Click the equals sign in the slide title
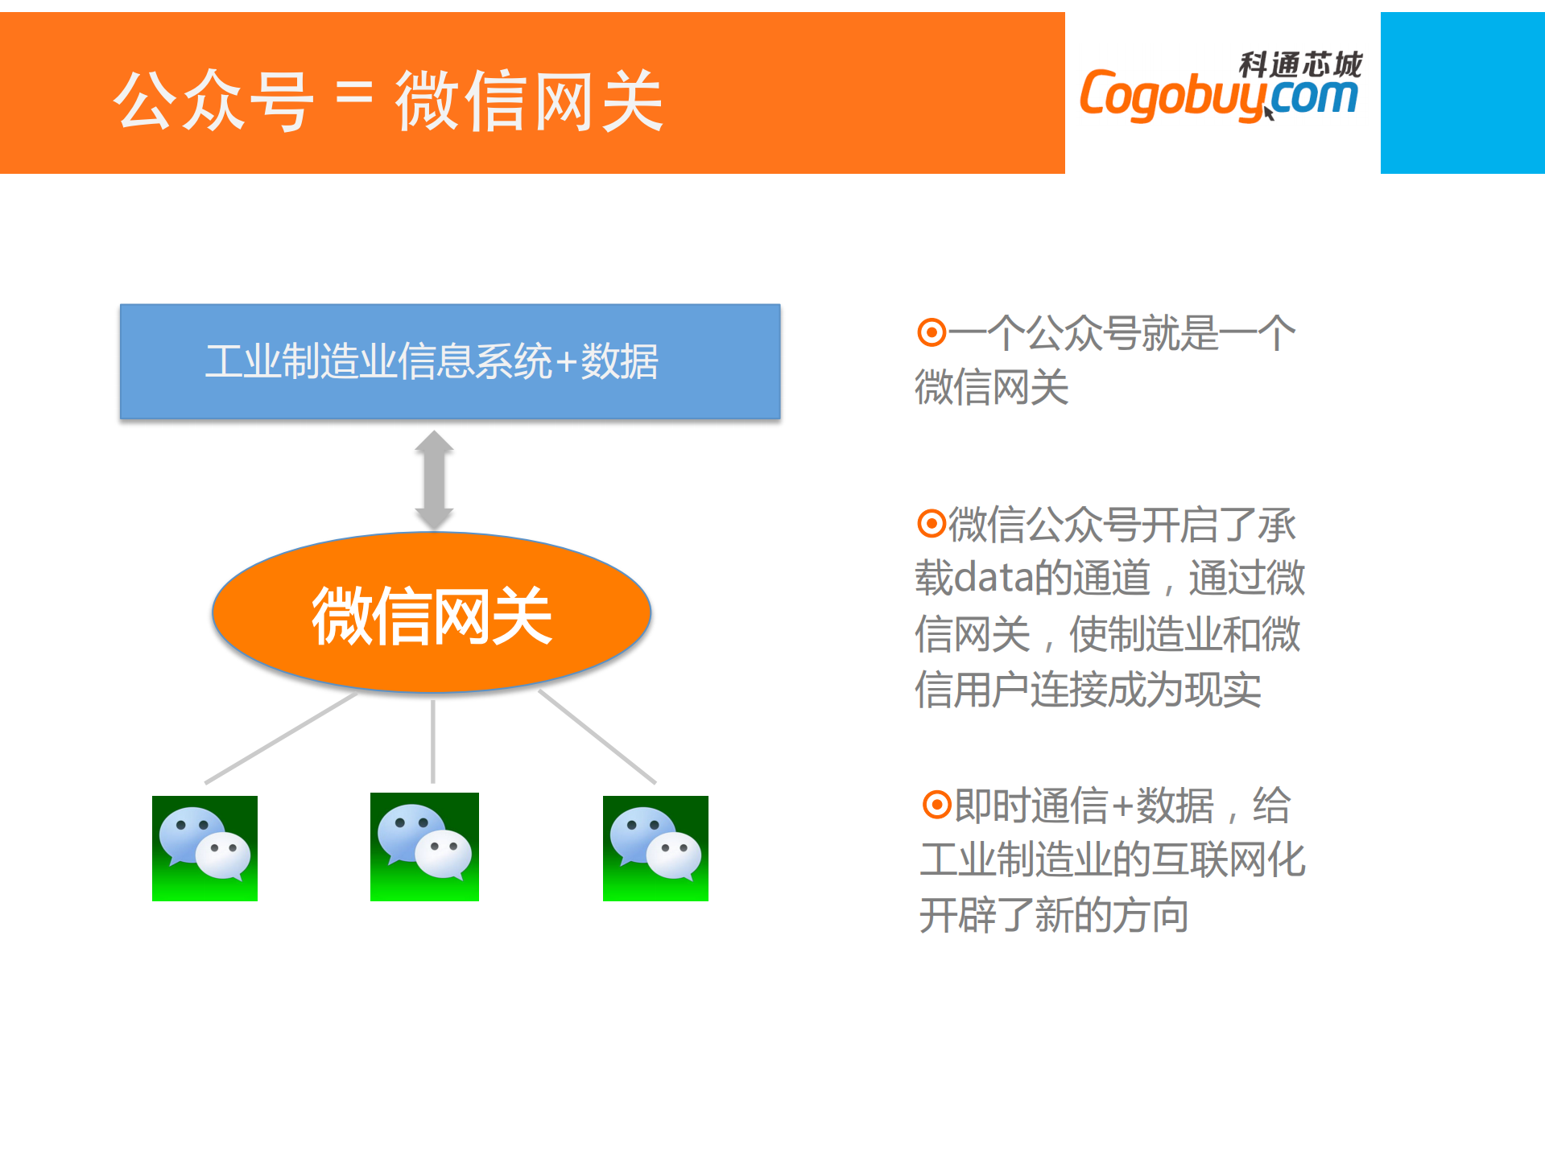pos(353,95)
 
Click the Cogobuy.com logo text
pos(1219,95)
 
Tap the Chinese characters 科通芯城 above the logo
pos(1300,64)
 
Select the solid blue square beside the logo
pos(1462,93)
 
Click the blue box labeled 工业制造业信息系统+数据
pos(450,361)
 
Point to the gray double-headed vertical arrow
pos(434,480)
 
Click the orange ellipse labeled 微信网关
pos(432,612)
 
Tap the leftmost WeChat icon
pos(204,848)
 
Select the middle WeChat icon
pos(424,847)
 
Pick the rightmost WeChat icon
pos(655,848)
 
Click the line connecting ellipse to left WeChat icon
pos(281,737)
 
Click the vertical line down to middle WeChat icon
pos(433,741)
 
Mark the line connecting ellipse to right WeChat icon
pos(597,736)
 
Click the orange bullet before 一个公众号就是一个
pos(932,332)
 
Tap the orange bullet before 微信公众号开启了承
pos(932,524)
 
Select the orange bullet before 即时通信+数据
pos(937,804)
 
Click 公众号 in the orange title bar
pos(213,101)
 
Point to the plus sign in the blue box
pos(567,362)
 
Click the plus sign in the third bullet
pos(1122,806)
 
